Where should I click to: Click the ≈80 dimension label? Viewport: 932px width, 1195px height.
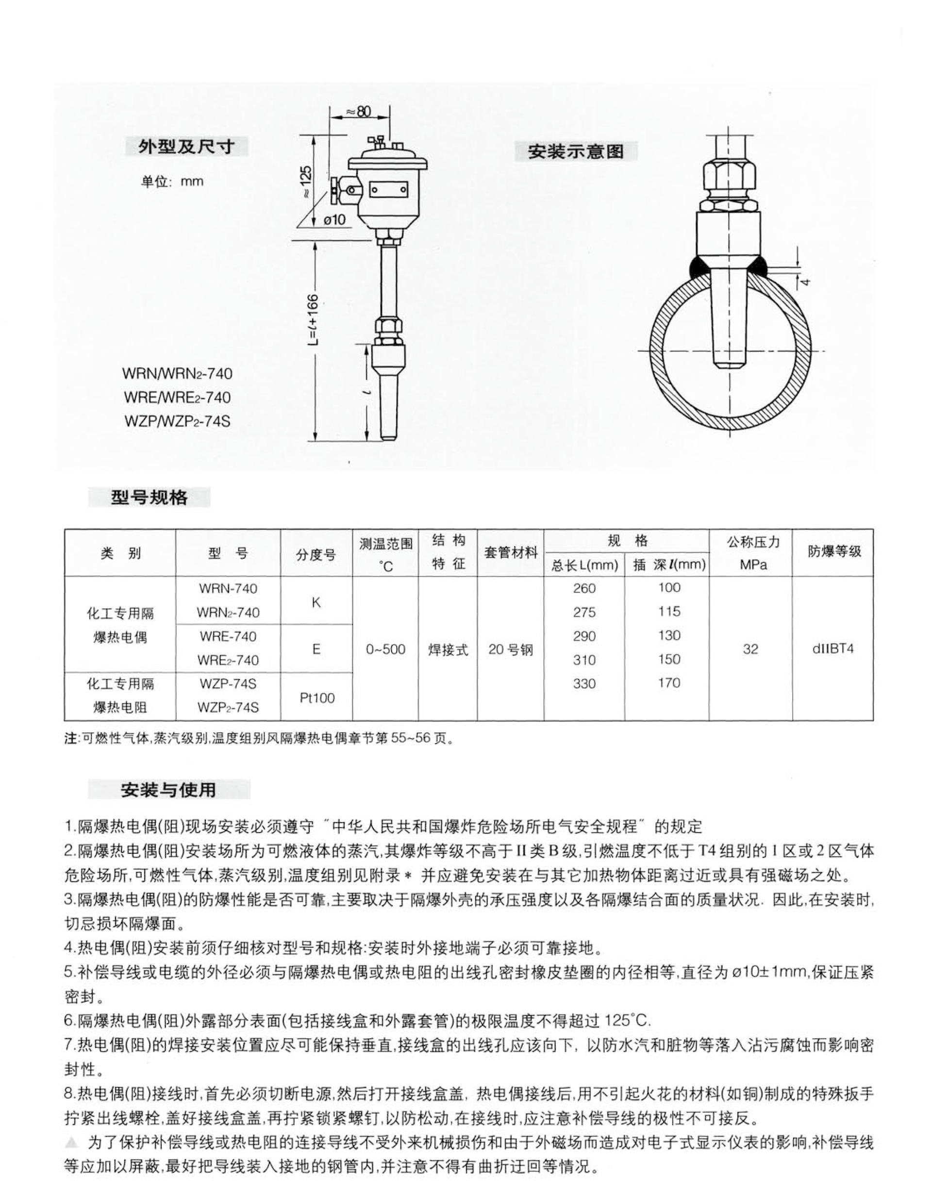(359, 112)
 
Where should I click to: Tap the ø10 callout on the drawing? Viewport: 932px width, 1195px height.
(334, 219)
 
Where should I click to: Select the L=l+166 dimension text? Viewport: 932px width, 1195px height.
(312, 325)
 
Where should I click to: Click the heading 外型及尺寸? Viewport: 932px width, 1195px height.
(186, 147)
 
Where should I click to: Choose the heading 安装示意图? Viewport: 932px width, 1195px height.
(576, 151)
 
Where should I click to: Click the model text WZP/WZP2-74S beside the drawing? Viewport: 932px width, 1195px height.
(177, 421)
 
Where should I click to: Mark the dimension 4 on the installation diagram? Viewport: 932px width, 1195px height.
(804, 282)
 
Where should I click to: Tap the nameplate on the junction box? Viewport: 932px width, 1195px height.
(388, 190)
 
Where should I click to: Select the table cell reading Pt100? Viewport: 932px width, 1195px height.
(317, 697)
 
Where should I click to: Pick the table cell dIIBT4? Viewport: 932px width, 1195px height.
(833, 649)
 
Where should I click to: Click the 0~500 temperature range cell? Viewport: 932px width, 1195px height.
(386, 649)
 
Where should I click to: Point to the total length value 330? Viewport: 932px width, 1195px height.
(584, 683)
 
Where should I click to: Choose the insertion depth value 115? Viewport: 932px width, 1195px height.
(669, 611)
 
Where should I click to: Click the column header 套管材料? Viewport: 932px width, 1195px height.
(511, 553)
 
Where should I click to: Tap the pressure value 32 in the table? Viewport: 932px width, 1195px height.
(750, 649)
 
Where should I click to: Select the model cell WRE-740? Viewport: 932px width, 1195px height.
(228, 636)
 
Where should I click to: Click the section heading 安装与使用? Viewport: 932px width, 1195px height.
(168, 790)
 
